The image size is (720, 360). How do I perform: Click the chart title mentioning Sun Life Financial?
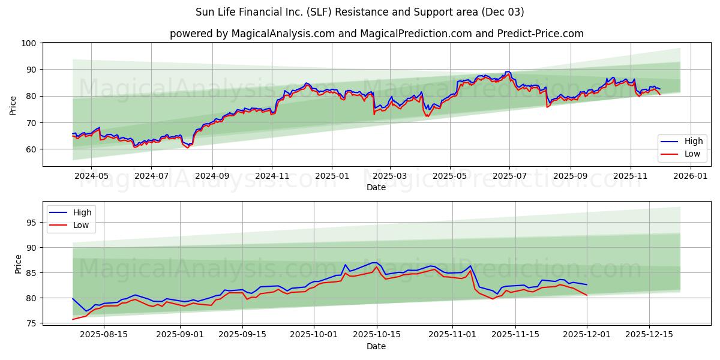[359, 12]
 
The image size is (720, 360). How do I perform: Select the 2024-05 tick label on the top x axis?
[91, 176]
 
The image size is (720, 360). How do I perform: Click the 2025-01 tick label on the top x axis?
[331, 176]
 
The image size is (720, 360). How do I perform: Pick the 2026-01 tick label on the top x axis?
[691, 176]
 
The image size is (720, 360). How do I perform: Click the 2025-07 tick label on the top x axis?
[509, 176]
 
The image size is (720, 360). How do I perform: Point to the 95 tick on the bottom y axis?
[32, 223]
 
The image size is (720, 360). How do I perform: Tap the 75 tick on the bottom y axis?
[32, 323]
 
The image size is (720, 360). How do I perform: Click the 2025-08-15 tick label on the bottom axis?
[104, 335]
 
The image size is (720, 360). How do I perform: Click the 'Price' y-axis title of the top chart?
[13, 105]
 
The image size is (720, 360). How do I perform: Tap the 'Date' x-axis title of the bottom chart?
[376, 346]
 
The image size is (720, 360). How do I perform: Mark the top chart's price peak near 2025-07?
[508, 72]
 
